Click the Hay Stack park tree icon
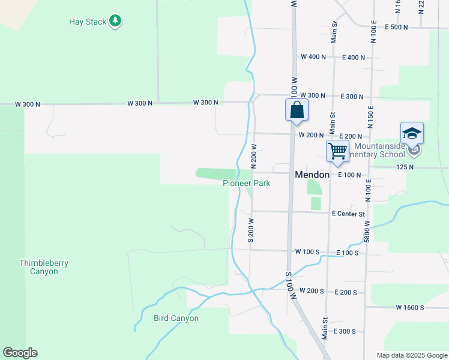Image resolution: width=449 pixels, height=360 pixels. (x=115, y=22)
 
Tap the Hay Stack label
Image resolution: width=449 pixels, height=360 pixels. (x=88, y=22)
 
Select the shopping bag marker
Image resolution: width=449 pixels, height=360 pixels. (x=297, y=110)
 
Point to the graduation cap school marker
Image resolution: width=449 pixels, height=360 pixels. (x=412, y=133)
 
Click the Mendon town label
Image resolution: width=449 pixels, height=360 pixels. (x=312, y=175)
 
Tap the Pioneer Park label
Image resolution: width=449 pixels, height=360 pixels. (x=247, y=183)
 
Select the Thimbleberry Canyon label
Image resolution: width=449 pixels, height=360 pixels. (x=38, y=267)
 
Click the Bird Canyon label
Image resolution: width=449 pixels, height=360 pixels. (x=176, y=318)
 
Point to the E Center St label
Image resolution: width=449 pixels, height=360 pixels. (x=348, y=214)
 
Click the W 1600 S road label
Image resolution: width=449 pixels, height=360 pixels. (x=409, y=307)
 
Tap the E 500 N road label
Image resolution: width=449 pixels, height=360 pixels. (x=396, y=28)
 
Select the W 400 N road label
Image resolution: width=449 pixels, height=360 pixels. (x=313, y=57)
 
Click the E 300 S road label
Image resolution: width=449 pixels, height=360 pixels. (x=344, y=331)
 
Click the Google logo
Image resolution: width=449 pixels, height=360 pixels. (x=20, y=353)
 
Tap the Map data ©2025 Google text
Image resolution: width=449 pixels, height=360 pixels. (x=411, y=355)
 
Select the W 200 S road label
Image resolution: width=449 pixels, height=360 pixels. (x=312, y=291)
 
